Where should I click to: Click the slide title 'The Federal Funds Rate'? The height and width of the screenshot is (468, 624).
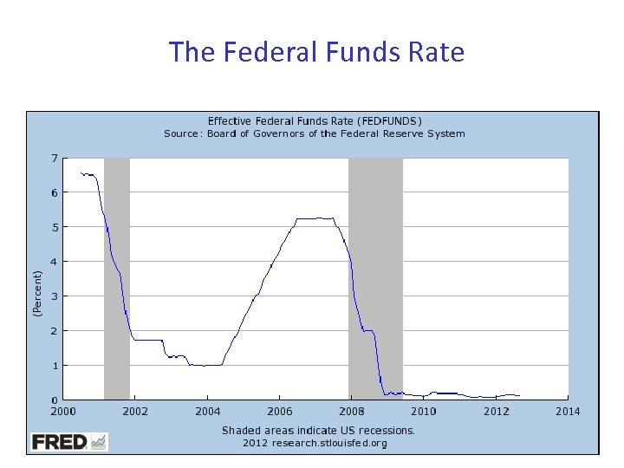click(x=317, y=52)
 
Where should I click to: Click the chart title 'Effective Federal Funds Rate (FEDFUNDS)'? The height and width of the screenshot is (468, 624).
click(x=315, y=120)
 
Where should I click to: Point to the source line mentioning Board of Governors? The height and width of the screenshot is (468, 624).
click(x=315, y=133)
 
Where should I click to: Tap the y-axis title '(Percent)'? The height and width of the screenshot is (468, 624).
click(x=37, y=293)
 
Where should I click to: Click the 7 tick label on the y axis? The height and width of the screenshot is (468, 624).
click(x=54, y=159)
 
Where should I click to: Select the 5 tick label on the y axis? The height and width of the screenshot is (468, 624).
click(x=54, y=227)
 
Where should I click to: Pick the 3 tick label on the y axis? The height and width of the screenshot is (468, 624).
click(x=54, y=296)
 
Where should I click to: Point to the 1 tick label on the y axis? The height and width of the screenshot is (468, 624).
click(x=54, y=366)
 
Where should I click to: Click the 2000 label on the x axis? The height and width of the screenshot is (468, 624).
click(x=62, y=411)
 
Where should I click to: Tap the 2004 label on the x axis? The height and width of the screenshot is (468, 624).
click(x=207, y=411)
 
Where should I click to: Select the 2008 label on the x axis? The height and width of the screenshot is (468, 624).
click(x=351, y=411)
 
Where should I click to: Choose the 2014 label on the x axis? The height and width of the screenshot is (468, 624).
click(x=568, y=411)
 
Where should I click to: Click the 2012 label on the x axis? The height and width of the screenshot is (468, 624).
click(x=495, y=411)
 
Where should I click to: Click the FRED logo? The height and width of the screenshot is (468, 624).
click(x=69, y=442)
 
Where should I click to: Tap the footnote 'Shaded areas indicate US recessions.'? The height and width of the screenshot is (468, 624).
click(x=318, y=430)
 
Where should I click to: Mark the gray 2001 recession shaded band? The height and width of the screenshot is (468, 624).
click(x=116, y=277)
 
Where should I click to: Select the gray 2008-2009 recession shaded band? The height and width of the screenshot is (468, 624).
click(x=375, y=277)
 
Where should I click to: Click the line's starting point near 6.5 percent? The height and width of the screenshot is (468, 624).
click(x=81, y=172)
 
